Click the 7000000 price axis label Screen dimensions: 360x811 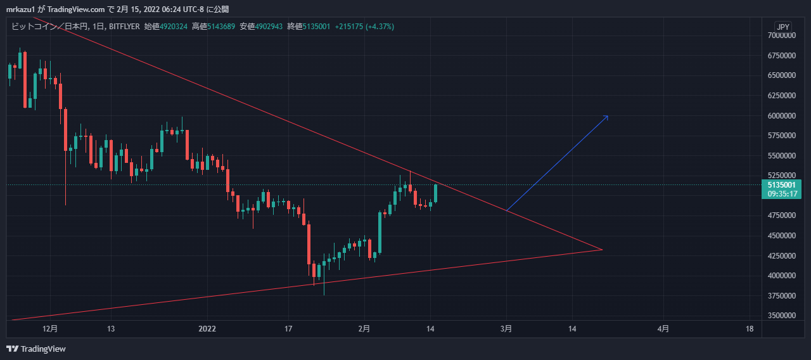[781, 35]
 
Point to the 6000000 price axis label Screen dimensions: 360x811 [781, 116]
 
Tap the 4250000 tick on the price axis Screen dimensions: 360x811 [781, 256]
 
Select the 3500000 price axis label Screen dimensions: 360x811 [781, 316]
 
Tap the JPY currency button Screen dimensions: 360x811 [783, 27]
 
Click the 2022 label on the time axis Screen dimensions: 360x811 [207, 329]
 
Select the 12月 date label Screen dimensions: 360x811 [50, 329]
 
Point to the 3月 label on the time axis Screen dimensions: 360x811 [506, 329]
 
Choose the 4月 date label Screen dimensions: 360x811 [663, 329]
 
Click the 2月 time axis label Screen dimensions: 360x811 [364, 329]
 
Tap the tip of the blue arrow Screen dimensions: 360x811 [608, 115]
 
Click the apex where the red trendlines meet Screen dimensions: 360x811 [601, 250]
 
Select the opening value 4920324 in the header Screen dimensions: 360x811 [174, 27]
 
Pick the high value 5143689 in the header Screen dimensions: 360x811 [222, 27]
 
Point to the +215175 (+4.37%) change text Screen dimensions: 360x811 [365, 27]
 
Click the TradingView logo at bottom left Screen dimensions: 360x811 [36, 349]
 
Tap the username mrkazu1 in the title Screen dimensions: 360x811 [20, 9]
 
